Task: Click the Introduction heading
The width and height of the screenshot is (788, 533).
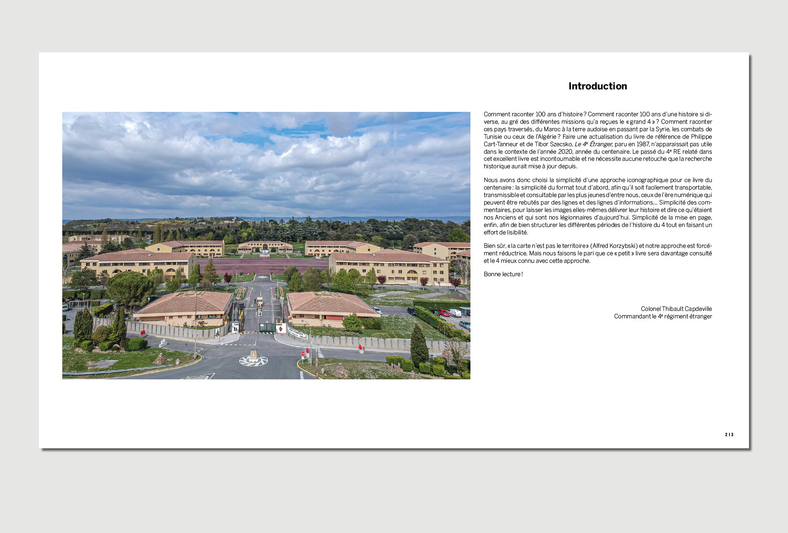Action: click(597, 86)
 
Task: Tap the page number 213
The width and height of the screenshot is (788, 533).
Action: click(729, 435)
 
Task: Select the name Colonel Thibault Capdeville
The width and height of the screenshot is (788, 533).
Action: click(676, 309)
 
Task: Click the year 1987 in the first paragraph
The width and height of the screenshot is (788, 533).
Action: click(643, 144)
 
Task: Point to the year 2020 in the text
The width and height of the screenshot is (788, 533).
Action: click(565, 152)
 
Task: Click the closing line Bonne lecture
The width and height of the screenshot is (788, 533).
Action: click(503, 274)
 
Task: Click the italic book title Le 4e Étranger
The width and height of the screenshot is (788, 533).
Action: click(593, 144)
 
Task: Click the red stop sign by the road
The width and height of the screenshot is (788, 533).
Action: click(303, 353)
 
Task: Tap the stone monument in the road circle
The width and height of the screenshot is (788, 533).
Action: click(254, 355)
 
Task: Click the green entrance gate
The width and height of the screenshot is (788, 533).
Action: click(267, 327)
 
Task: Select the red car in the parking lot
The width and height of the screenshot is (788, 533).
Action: click(444, 313)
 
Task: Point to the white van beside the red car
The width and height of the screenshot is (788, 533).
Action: click(455, 313)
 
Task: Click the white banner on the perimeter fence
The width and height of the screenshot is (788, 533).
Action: click(297, 333)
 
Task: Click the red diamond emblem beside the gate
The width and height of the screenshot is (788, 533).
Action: click(281, 328)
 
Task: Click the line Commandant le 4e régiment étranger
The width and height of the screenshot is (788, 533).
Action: click(663, 316)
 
